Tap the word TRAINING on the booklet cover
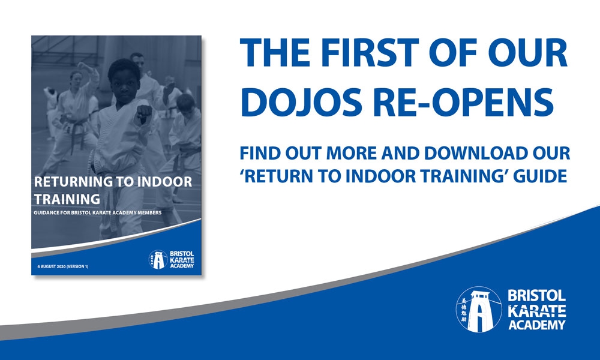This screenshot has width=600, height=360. coord(67,199)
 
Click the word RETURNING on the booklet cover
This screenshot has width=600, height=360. coord(73,181)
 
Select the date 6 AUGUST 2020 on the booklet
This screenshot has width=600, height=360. coord(51,266)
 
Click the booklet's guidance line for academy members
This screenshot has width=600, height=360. coord(98,213)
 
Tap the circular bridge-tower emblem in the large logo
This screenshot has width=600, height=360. coord(479,309)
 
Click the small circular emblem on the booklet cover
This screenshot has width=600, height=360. coord(158,259)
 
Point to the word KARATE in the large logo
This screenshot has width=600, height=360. coord(537,310)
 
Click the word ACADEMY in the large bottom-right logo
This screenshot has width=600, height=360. coord(537,325)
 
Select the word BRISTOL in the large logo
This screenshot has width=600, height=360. coord(537,296)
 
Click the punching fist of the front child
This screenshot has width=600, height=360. coord(145,113)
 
